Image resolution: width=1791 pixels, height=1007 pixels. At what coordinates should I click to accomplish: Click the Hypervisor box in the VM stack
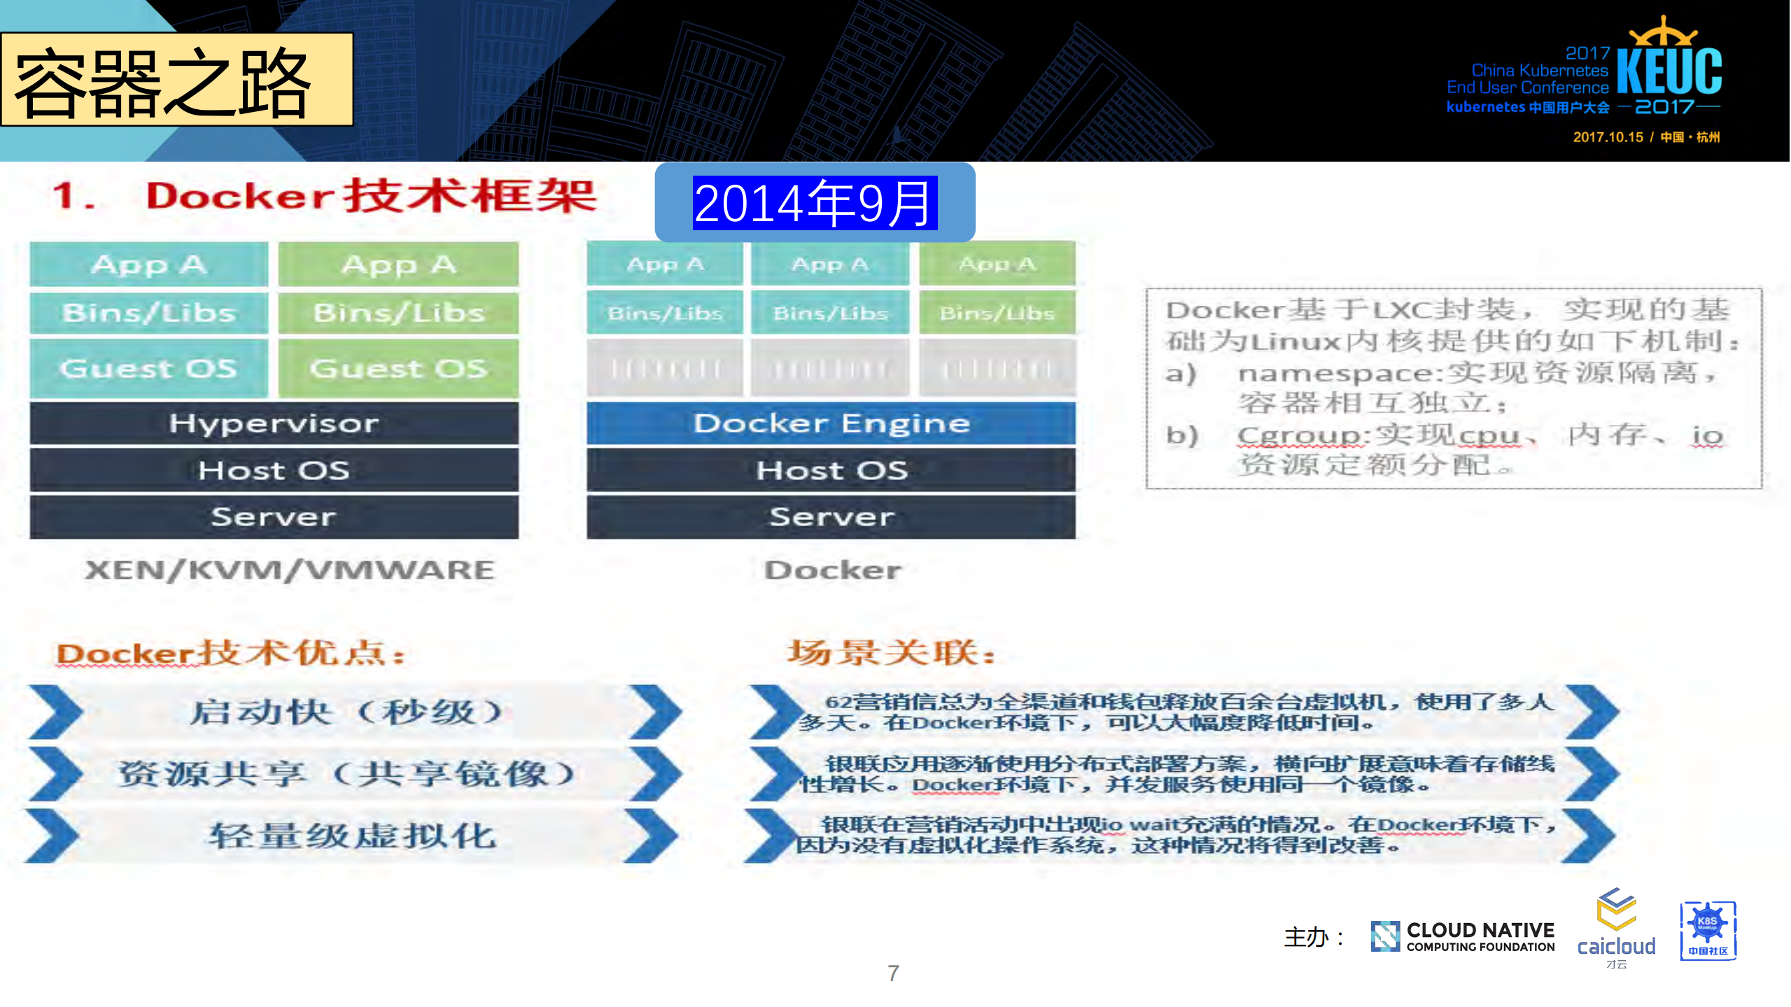(x=274, y=423)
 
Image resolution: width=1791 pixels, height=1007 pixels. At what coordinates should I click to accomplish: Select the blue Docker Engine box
(x=831, y=423)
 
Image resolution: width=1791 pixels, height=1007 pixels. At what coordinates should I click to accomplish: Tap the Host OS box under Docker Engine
(x=831, y=470)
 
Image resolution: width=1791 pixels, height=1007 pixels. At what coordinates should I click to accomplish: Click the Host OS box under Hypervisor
(x=274, y=470)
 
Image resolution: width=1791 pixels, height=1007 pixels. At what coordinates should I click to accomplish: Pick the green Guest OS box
(x=398, y=369)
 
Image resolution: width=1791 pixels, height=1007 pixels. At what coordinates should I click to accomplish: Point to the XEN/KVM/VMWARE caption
(x=289, y=570)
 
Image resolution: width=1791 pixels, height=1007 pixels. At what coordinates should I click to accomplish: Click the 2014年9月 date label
(x=814, y=203)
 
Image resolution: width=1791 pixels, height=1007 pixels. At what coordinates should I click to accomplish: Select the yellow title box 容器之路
(x=176, y=80)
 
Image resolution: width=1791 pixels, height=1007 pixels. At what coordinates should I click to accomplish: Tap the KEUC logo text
(x=1669, y=70)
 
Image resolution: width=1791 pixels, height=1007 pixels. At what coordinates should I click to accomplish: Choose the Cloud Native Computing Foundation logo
(x=1463, y=937)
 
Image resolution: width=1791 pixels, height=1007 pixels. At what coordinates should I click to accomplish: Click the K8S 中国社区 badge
(x=1708, y=931)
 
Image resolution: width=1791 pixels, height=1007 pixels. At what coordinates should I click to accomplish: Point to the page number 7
(x=893, y=973)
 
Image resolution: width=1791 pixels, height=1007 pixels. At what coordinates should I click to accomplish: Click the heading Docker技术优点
(x=230, y=654)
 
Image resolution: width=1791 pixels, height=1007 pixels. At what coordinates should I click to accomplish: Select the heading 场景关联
(x=891, y=653)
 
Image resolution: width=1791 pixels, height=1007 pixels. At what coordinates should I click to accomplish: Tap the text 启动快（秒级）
(x=346, y=712)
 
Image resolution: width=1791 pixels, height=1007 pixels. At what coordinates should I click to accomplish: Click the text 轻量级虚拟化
(x=353, y=836)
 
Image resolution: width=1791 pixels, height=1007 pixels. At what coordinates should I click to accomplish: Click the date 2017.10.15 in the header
(x=1608, y=137)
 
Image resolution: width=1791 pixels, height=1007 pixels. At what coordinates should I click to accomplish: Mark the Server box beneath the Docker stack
(x=831, y=517)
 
